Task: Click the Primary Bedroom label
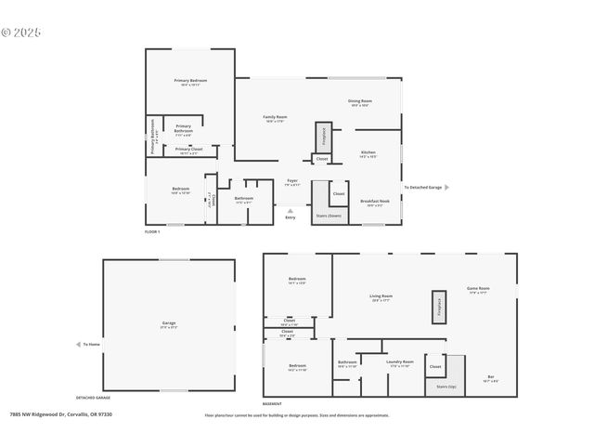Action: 190,82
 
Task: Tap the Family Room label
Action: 275,118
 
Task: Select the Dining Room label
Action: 361,102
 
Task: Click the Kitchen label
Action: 368,153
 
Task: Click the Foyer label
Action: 291,182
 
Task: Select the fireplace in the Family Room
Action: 323,136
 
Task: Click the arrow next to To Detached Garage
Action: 446,187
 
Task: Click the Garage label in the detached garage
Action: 169,324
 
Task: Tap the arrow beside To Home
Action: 78,344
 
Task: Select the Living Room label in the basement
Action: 381,297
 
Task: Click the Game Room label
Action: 478,289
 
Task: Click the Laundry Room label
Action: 400,363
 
